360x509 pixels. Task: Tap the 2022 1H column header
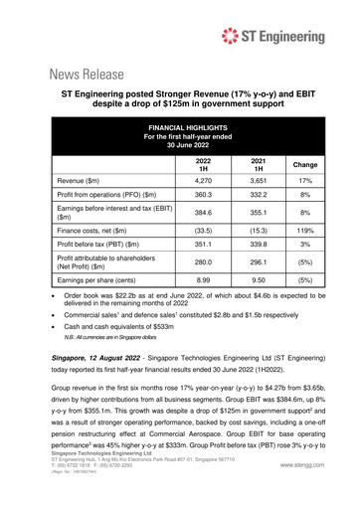point(203,165)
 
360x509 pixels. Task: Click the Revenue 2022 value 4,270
point(203,182)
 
